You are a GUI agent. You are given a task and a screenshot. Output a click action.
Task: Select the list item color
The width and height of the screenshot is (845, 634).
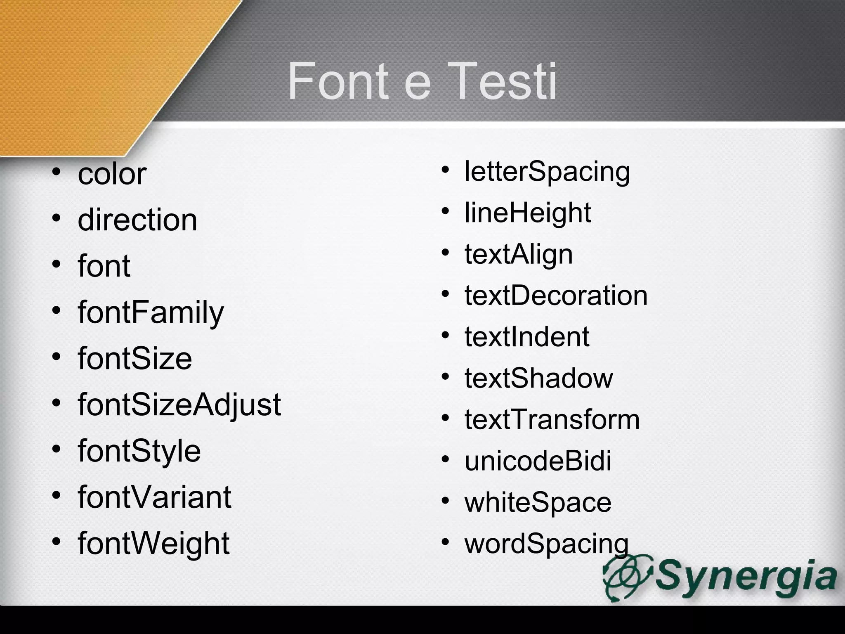point(112,174)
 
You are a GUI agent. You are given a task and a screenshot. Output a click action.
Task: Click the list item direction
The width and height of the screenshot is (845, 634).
point(137,220)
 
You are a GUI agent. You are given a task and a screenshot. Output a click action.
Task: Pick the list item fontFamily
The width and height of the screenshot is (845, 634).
point(151,312)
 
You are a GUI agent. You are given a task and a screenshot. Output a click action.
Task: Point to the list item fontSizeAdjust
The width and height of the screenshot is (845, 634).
point(179,405)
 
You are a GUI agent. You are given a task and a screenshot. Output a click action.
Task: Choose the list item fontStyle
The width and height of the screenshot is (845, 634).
point(139,451)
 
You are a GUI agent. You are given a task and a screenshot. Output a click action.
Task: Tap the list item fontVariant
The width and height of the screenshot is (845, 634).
point(154,497)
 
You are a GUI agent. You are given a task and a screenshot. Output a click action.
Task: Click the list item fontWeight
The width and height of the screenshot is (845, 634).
point(153,543)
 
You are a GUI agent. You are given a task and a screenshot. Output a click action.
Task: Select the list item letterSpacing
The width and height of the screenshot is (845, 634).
point(547,171)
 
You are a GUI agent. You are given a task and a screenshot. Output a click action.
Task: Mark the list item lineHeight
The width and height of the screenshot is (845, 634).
point(528,213)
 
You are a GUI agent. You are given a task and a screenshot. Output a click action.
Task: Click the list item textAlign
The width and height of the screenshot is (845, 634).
point(519,254)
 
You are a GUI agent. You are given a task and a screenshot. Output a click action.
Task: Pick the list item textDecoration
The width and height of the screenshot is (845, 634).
point(556,296)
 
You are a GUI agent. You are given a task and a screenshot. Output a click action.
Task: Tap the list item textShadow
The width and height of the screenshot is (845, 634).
point(539,378)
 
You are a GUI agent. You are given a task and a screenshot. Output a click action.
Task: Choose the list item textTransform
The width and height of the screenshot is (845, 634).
point(552,419)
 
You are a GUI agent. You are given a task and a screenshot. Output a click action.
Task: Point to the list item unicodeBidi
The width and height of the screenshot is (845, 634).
point(538,461)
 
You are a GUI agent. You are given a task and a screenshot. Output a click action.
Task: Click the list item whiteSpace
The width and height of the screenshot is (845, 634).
point(538,502)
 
